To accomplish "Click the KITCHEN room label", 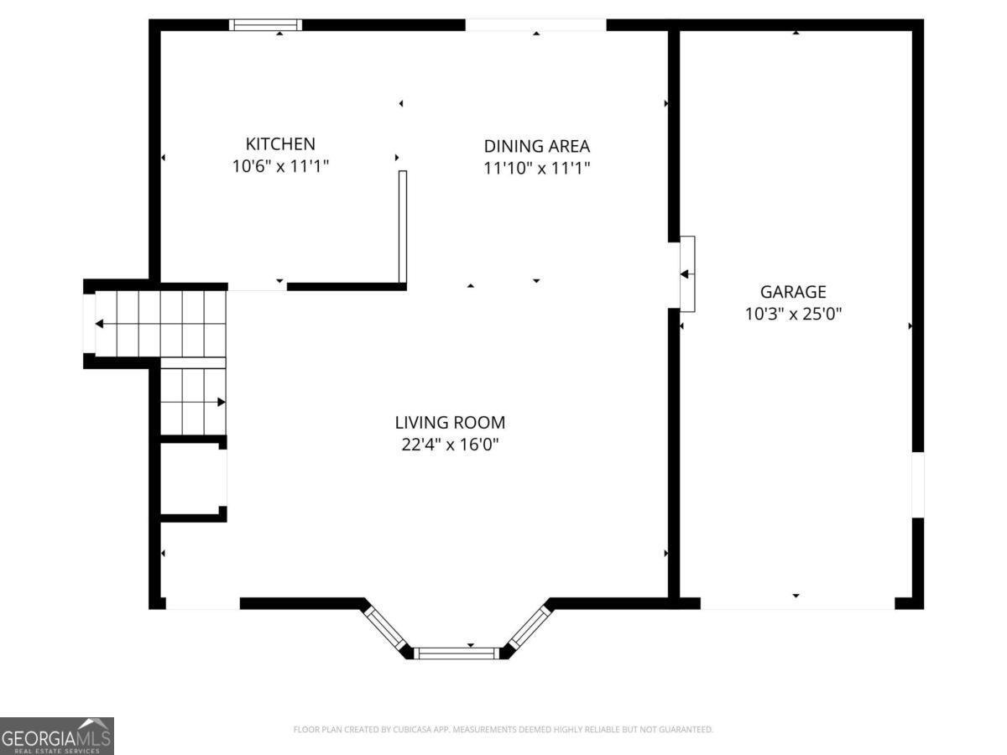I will click(x=280, y=144).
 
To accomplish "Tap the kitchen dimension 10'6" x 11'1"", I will click(x=280, y=167).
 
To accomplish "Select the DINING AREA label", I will click(x=536, y=146).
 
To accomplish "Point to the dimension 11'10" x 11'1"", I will click(x=536, y=168).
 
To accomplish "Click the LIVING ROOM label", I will click(x=450, y=423).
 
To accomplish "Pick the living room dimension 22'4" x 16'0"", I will click(x=450, y=445).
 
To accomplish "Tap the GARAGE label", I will click(x=793, y=292).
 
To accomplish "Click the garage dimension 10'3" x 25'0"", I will click(x=793, y=314).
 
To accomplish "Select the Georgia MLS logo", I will click(x=56, y=736).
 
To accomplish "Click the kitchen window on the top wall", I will click(x=265, y=25).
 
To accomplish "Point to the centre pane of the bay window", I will click(x=457, y=653).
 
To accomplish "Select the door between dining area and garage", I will click(x=686, y=273).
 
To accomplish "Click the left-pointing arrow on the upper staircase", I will click(x=99, y=324).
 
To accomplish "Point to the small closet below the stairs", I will click(x=193, y=478).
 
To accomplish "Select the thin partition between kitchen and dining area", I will click(x=403, y=226).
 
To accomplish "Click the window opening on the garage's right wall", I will click(x=918, y=484).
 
